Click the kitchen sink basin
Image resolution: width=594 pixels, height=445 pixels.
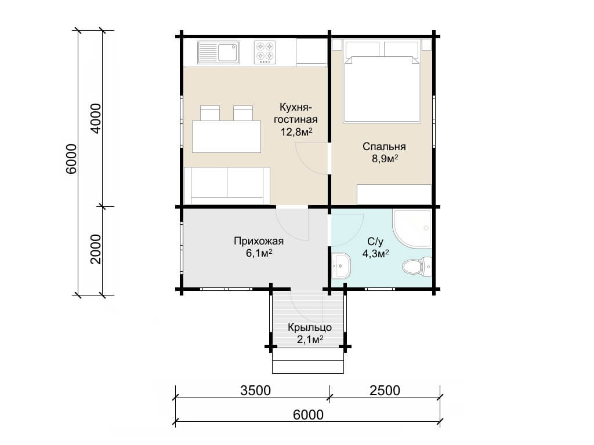(229, 52)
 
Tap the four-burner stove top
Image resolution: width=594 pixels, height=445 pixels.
(265, 52)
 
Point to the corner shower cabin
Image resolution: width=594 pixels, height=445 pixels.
(412, 228)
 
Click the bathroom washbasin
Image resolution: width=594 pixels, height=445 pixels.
(342, 265)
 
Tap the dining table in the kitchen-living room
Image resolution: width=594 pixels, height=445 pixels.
(226, 137)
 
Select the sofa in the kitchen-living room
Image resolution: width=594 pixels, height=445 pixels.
(227, 186)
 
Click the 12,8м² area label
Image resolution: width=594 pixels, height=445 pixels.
(296, 132)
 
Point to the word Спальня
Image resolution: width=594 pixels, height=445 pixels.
(384, 147)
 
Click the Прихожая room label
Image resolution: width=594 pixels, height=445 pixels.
(259, 241)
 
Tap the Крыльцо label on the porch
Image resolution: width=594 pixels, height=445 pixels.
(310, 328)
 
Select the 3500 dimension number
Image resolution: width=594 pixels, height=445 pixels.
(255, 390)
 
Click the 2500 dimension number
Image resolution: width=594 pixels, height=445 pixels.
(385, 390)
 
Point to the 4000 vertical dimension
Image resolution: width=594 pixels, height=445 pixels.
(96, 118)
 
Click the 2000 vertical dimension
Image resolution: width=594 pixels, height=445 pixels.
(96, 249)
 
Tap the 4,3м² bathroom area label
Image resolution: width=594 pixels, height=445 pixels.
(376, 254)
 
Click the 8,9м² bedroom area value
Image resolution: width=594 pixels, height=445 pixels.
(385, 159)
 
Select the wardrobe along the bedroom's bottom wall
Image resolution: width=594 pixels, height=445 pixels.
(394, 195)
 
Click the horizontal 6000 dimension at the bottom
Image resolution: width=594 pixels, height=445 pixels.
(309, 415)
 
